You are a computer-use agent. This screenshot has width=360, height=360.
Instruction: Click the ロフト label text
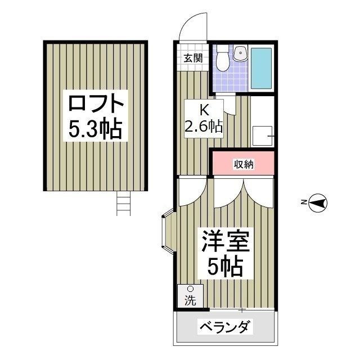(95, 104)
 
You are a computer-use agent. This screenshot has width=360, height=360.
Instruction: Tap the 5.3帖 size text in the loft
(95, 130)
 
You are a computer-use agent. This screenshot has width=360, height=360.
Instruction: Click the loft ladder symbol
(123, 202)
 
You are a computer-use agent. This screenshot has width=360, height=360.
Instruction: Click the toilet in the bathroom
(223, 59)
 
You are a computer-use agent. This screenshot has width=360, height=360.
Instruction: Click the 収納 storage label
(244, 164)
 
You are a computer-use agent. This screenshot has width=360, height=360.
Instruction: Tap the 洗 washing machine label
(190, 301)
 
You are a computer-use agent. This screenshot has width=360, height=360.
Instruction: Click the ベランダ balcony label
(226, 327)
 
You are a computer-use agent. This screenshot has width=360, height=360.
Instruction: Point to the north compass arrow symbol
(318, 202)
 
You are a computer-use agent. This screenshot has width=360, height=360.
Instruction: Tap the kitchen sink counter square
(263, 136)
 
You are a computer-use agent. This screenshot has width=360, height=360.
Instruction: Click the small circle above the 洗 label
(190, 290)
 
